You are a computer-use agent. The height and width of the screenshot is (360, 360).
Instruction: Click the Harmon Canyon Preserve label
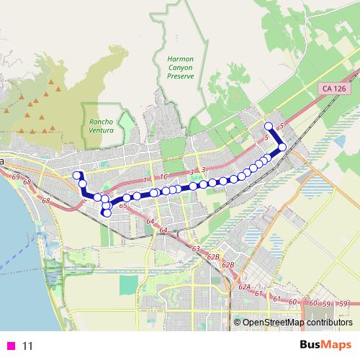point(180,69)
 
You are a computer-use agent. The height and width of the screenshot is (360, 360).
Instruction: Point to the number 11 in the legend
point(27,346)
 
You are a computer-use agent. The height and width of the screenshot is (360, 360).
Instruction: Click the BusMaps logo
point(325,345)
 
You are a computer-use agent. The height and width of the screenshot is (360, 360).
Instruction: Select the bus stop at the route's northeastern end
point(269,126)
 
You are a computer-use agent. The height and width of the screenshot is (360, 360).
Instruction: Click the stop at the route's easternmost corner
point(282,147)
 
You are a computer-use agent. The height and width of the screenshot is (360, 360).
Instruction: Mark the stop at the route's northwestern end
point(76,174)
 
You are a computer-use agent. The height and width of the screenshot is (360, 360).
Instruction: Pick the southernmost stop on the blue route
point(107,212)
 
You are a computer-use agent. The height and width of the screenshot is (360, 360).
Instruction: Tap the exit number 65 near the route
point(123,207)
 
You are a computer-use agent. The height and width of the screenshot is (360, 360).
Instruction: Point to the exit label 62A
point(244,287)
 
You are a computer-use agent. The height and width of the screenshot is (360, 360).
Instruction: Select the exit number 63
point(195,248)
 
